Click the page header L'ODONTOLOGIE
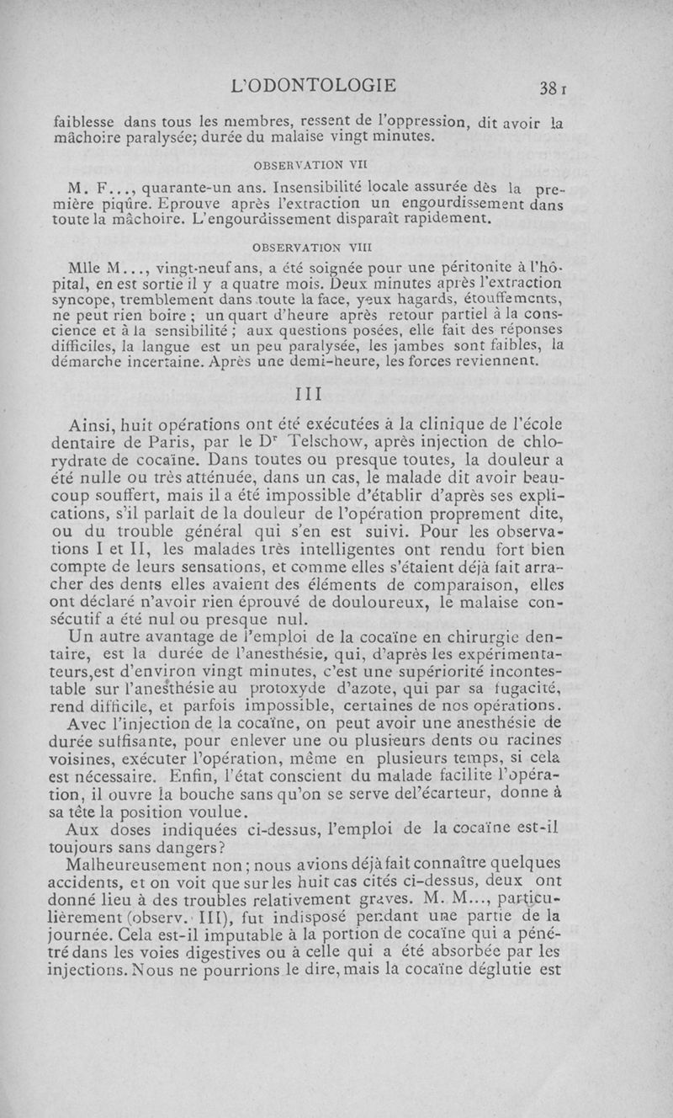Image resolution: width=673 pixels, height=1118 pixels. click(x=315, y=85)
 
